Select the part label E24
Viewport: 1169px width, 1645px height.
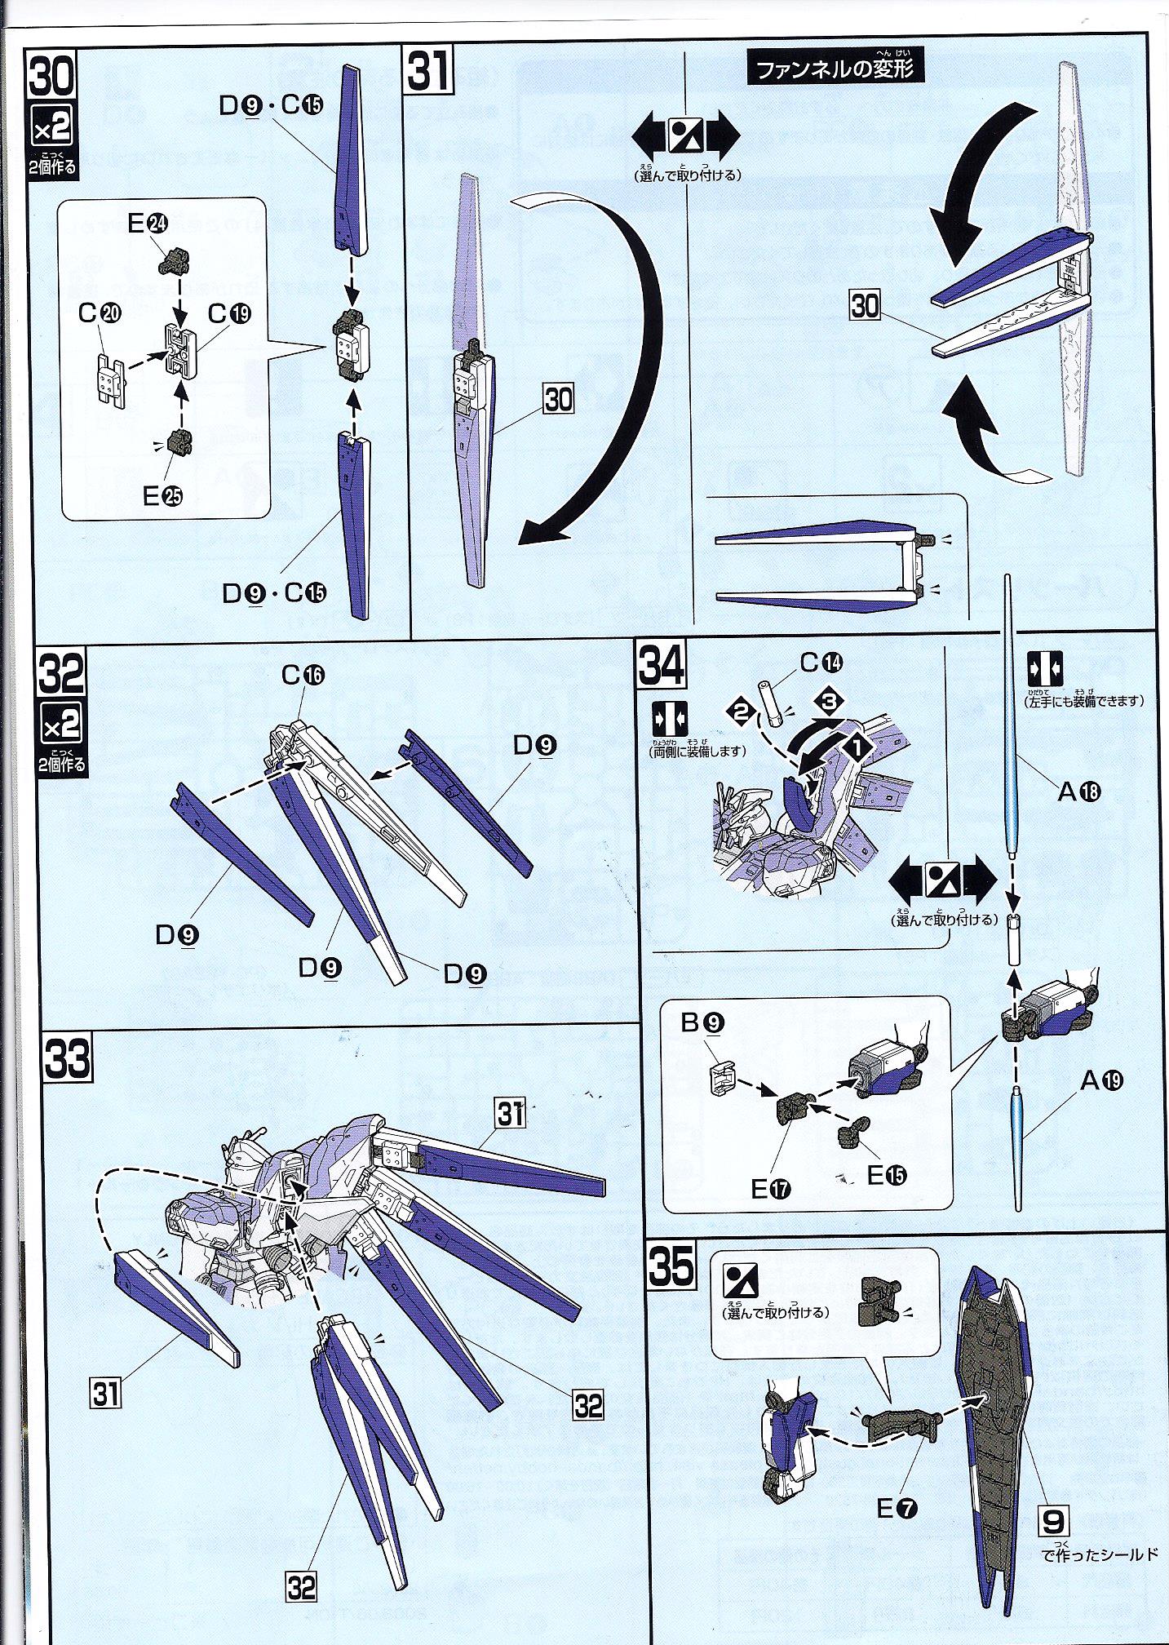coord(147,224)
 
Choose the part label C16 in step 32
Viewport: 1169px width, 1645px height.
coord(303,675)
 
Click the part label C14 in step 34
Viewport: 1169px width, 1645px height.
coord(821,663)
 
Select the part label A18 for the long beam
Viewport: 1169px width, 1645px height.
coord(1079,790)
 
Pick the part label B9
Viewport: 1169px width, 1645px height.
coord(704,1022)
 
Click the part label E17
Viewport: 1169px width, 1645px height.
coord(771,1189)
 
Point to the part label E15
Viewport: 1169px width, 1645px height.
coord(886,1175)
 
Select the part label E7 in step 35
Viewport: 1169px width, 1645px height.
coord(896,1509)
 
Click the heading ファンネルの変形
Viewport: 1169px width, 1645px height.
coord(837,67)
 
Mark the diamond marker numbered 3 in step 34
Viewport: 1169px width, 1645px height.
coord(828,699)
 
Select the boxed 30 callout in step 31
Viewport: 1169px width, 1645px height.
coord(559,399)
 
